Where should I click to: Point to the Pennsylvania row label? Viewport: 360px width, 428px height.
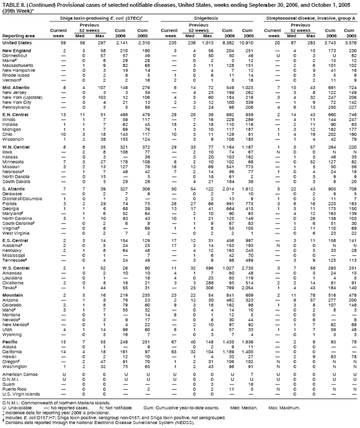pos(16,106)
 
